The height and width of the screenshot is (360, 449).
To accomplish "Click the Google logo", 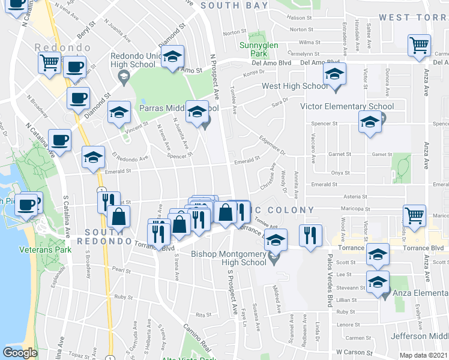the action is coord(20,353).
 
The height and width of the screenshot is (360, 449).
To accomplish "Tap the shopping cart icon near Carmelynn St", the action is coord(419,44).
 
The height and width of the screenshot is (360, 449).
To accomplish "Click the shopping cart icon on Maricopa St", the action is coord(414,216).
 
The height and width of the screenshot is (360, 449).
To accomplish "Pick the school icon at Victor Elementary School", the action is coord(369,122).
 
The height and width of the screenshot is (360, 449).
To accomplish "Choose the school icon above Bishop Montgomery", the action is coord(276,239).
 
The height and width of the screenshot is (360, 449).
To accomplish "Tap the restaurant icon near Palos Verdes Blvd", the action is coord(310,235).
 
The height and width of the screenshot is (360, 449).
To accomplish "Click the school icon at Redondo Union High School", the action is coord(173,56).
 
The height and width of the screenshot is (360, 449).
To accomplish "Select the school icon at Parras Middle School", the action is coord(196,112).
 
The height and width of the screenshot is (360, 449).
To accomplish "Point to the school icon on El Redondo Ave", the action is coord(93,157).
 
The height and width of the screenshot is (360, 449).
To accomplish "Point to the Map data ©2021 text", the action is coord(424,355).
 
